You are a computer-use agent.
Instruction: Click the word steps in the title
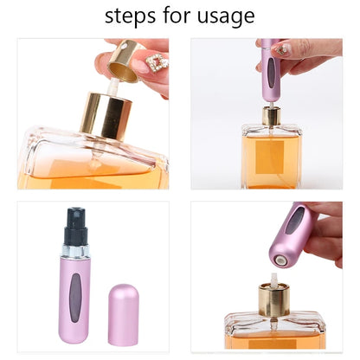[x=131, y=16]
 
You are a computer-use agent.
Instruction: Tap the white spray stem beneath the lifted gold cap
[x=113, y=87]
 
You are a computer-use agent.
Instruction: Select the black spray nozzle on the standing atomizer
[x=76, y=222]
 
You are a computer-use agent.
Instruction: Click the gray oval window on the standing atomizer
[x=77, y=286]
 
